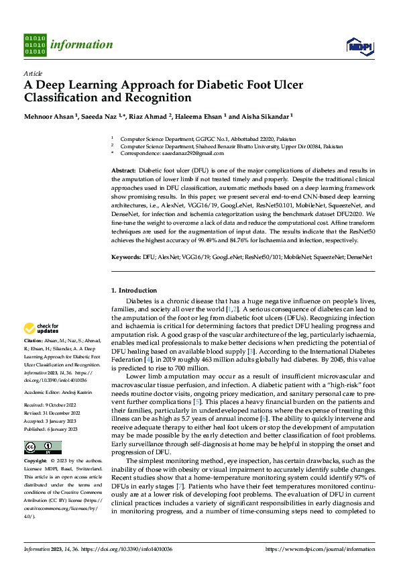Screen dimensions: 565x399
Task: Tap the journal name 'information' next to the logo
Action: point(82,45)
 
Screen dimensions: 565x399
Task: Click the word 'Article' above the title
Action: point(33,73)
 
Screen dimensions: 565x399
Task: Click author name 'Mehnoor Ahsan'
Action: point(51,115)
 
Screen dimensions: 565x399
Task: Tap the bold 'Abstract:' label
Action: point(124,172)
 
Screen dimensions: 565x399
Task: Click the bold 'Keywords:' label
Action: point(126,257)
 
